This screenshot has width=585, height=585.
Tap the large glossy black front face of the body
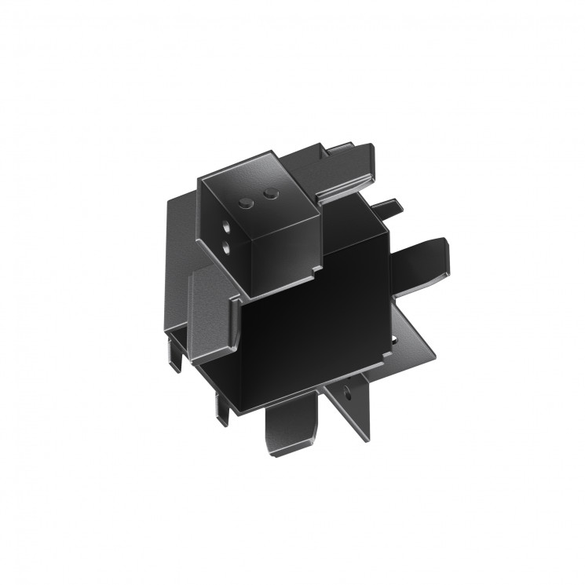point(314,330)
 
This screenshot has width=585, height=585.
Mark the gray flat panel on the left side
point(210,306)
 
